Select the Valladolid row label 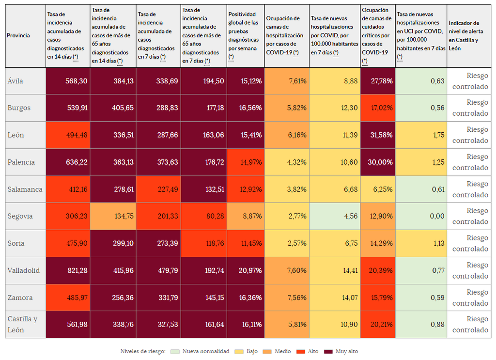click(x=23, y=270)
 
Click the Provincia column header click(x=18, y=35)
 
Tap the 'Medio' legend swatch click(x=266, y=351)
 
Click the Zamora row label click(x=20, y=297)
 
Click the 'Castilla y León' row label click(x=22, y=325)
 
